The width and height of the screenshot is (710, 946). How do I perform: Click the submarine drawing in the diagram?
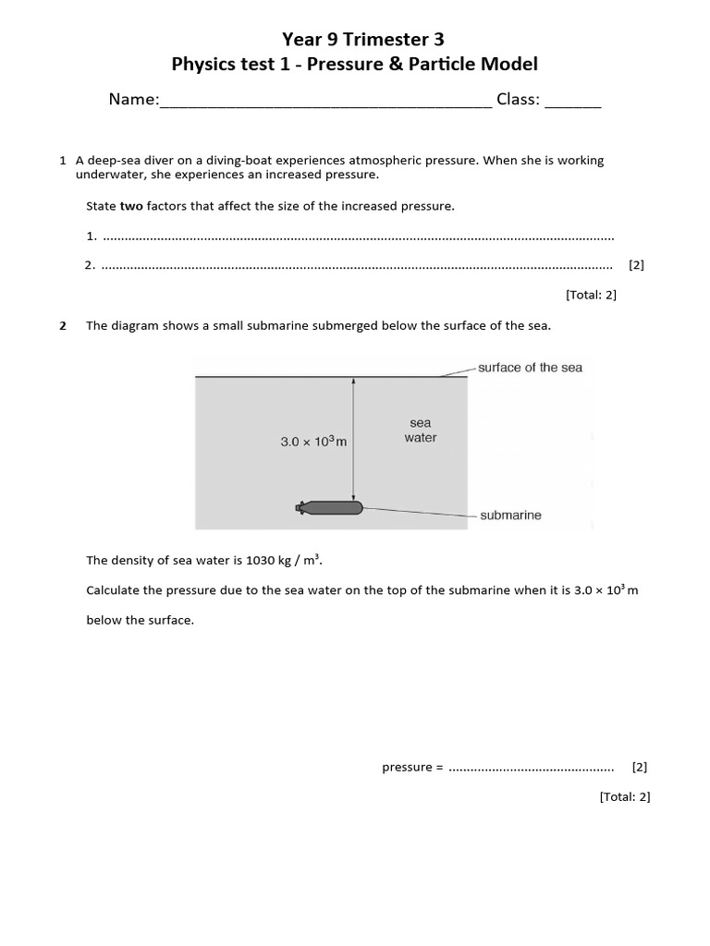330,507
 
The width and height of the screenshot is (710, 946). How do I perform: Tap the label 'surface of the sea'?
530,368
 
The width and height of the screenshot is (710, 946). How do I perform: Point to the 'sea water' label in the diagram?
420,431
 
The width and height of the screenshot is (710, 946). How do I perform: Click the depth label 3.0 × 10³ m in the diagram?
313,443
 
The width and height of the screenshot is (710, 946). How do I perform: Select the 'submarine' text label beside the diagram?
510,515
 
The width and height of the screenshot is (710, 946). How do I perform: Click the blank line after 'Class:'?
572,102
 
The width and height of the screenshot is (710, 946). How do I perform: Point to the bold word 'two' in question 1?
131,206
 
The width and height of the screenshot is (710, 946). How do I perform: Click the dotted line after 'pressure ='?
531,768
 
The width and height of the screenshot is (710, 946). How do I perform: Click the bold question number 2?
63,325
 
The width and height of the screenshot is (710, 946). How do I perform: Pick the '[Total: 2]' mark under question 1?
590,295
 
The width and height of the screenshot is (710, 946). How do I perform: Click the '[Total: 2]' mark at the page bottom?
624,796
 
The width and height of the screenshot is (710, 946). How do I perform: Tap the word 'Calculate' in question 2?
114,590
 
